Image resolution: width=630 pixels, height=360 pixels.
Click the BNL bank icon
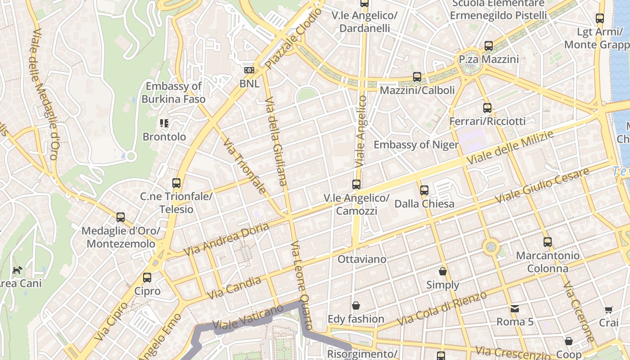click(x=249, y=70)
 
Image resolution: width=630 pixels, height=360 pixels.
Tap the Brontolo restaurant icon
click(x=164, y=123)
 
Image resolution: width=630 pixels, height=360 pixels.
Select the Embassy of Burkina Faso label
click(x=174, y=93)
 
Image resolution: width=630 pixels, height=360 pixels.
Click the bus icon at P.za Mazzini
click(x=489, y=46)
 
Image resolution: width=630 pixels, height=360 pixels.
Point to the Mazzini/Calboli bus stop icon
click(x=417, y=77)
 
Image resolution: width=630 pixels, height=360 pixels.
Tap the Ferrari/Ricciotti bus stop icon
click(x=487, y=108)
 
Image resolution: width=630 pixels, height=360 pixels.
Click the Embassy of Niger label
click(x=416, y=145)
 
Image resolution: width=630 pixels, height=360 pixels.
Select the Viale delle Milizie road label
click(x=510, y=148)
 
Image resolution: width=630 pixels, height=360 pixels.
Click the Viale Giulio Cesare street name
click(x=542, y=185)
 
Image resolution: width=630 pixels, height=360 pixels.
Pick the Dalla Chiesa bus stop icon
click(x=424, y=190)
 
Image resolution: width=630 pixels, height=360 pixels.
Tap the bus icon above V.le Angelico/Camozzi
click(x=356, y=184)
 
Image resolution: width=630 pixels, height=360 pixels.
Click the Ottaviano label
click(x=362, y=259)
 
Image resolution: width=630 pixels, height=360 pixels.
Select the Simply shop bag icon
click(x=443, y=271)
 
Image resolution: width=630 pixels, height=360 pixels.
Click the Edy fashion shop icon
click(x=356, y=306)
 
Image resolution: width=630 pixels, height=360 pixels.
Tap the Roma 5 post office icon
click(x=514, y=309)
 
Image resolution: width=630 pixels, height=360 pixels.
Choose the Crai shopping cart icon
click(x=609, y=310)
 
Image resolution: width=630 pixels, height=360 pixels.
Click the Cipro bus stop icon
click(x=147, y=278)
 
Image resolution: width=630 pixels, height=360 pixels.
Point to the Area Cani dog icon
click(x=17, y=270)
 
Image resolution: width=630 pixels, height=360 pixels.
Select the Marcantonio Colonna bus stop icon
click(x=548, y=242)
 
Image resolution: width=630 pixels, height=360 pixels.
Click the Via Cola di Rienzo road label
click(x=442, y=309)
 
